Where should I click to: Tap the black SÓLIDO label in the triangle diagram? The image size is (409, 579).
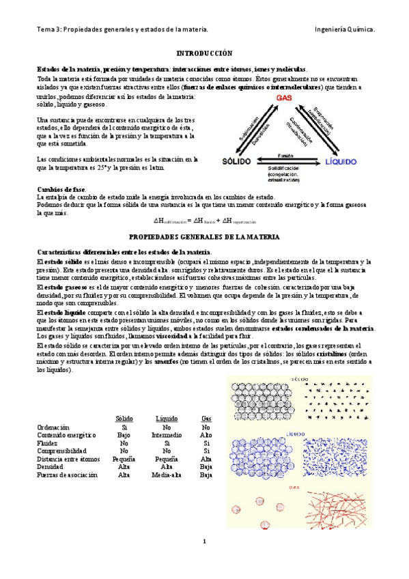click(x=238, y=161)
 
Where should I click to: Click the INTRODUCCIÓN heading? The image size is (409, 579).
click(x=204, y=53)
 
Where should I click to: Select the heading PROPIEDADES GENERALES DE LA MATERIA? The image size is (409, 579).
click(x=204, y=236)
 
